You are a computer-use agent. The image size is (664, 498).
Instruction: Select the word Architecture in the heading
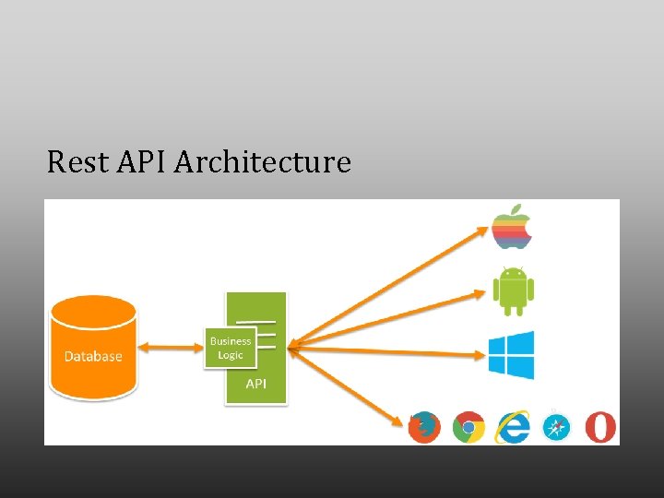pos(263,162)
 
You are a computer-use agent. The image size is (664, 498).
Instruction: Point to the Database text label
pos(93,356)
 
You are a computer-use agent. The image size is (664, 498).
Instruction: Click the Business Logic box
pos(230,349)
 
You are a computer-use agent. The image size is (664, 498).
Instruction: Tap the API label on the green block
pos(255,384)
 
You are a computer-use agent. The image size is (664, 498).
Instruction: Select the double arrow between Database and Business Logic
pos(171,348)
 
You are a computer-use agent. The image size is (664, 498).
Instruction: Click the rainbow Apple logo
pos(512,226)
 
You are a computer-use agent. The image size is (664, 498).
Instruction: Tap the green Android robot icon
pos(512,290)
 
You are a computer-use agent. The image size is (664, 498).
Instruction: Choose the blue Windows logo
pos(511,355)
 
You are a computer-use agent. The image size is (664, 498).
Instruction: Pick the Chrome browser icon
pos(468,427)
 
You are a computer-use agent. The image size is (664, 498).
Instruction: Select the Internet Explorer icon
pos(513,427)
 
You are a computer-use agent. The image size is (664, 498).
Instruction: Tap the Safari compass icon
pos(557,427)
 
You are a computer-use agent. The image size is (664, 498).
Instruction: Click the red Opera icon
pos(601,427)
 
